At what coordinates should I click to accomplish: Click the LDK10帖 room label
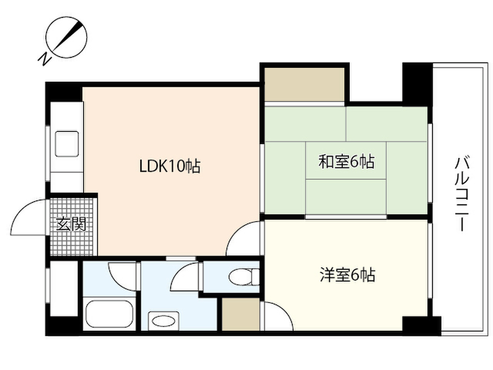169,167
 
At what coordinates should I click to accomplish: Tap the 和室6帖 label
346,162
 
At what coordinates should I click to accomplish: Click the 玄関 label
71,225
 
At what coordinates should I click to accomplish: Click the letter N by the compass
45,59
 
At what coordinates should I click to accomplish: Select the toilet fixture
241,277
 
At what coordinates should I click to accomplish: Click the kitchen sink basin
66,144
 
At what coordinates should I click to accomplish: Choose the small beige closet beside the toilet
241,314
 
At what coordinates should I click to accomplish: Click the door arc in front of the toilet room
185,277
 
